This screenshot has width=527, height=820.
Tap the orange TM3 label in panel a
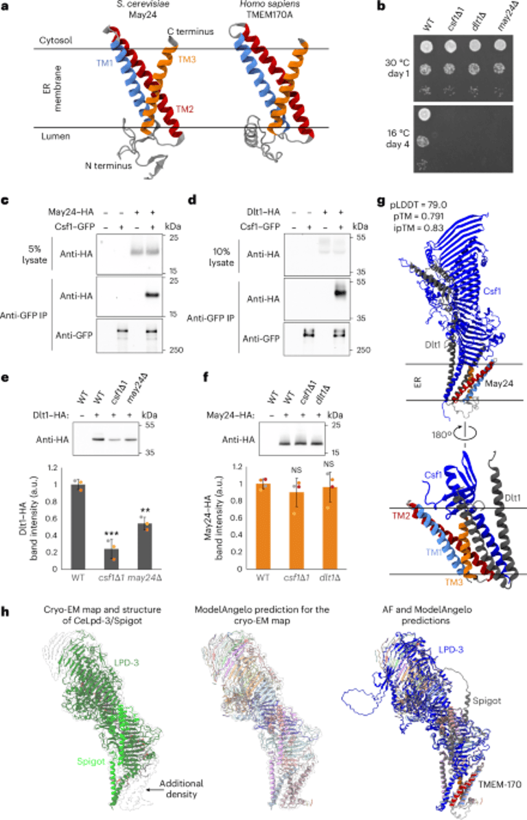tap(187, 60)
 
